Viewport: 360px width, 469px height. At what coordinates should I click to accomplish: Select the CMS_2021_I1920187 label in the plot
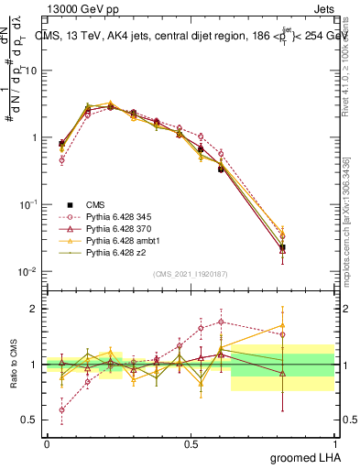pos(191,273)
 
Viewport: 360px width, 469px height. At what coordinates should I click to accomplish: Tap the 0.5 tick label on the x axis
pos(191,442)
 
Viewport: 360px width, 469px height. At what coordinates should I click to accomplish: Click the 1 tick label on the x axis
pos(338,442)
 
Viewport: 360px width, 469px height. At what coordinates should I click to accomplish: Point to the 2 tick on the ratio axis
pos(34,309)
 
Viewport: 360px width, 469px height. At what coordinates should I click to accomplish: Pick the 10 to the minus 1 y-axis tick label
pos(27,205)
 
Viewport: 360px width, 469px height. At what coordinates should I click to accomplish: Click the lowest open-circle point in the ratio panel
pos(61,409)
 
